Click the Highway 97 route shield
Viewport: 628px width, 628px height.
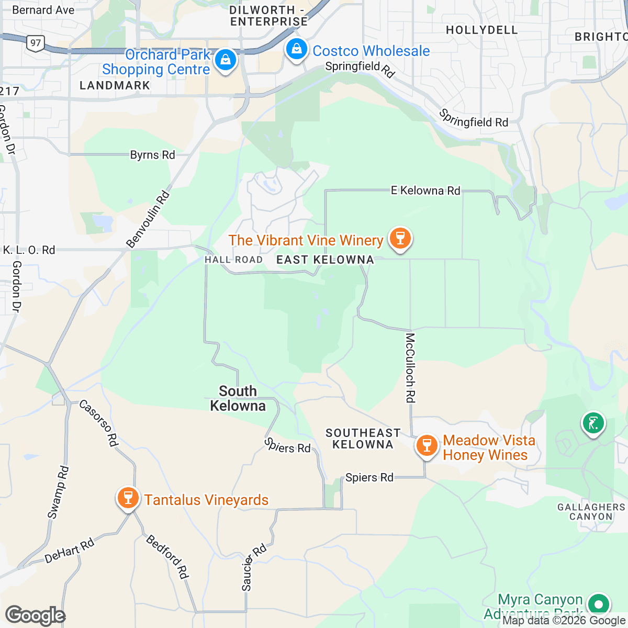tap(36, 42)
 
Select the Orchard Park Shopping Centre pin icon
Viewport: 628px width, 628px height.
tap(226, 60)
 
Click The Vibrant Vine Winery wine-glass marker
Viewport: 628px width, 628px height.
tap(400, 239)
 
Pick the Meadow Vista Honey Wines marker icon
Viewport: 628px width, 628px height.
tap(427, 446)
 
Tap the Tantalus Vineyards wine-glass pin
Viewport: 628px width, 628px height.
tap(128, 498)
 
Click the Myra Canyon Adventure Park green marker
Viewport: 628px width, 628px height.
tap(599, 604)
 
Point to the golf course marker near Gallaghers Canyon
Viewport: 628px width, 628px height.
tap(593, 422)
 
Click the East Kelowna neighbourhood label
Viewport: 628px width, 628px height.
tap(325, 260)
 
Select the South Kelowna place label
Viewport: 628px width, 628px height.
tap(238, 398)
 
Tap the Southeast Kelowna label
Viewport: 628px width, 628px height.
tap(363, 439)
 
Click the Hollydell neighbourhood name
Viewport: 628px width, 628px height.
tap(481, 30)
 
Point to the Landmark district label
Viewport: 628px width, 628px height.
tap(115, 85)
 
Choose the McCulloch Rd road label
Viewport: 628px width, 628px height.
tap(410, 368)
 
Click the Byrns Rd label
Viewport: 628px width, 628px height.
tap(152, 155)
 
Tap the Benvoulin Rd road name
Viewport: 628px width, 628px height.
tap(149, 219)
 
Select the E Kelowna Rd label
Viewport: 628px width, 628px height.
tap(425, 190)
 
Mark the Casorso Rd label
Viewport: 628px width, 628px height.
tap(98, 423)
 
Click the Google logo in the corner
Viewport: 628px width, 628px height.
tap(35, 616)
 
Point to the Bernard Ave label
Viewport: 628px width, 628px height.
tap(43, 10)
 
